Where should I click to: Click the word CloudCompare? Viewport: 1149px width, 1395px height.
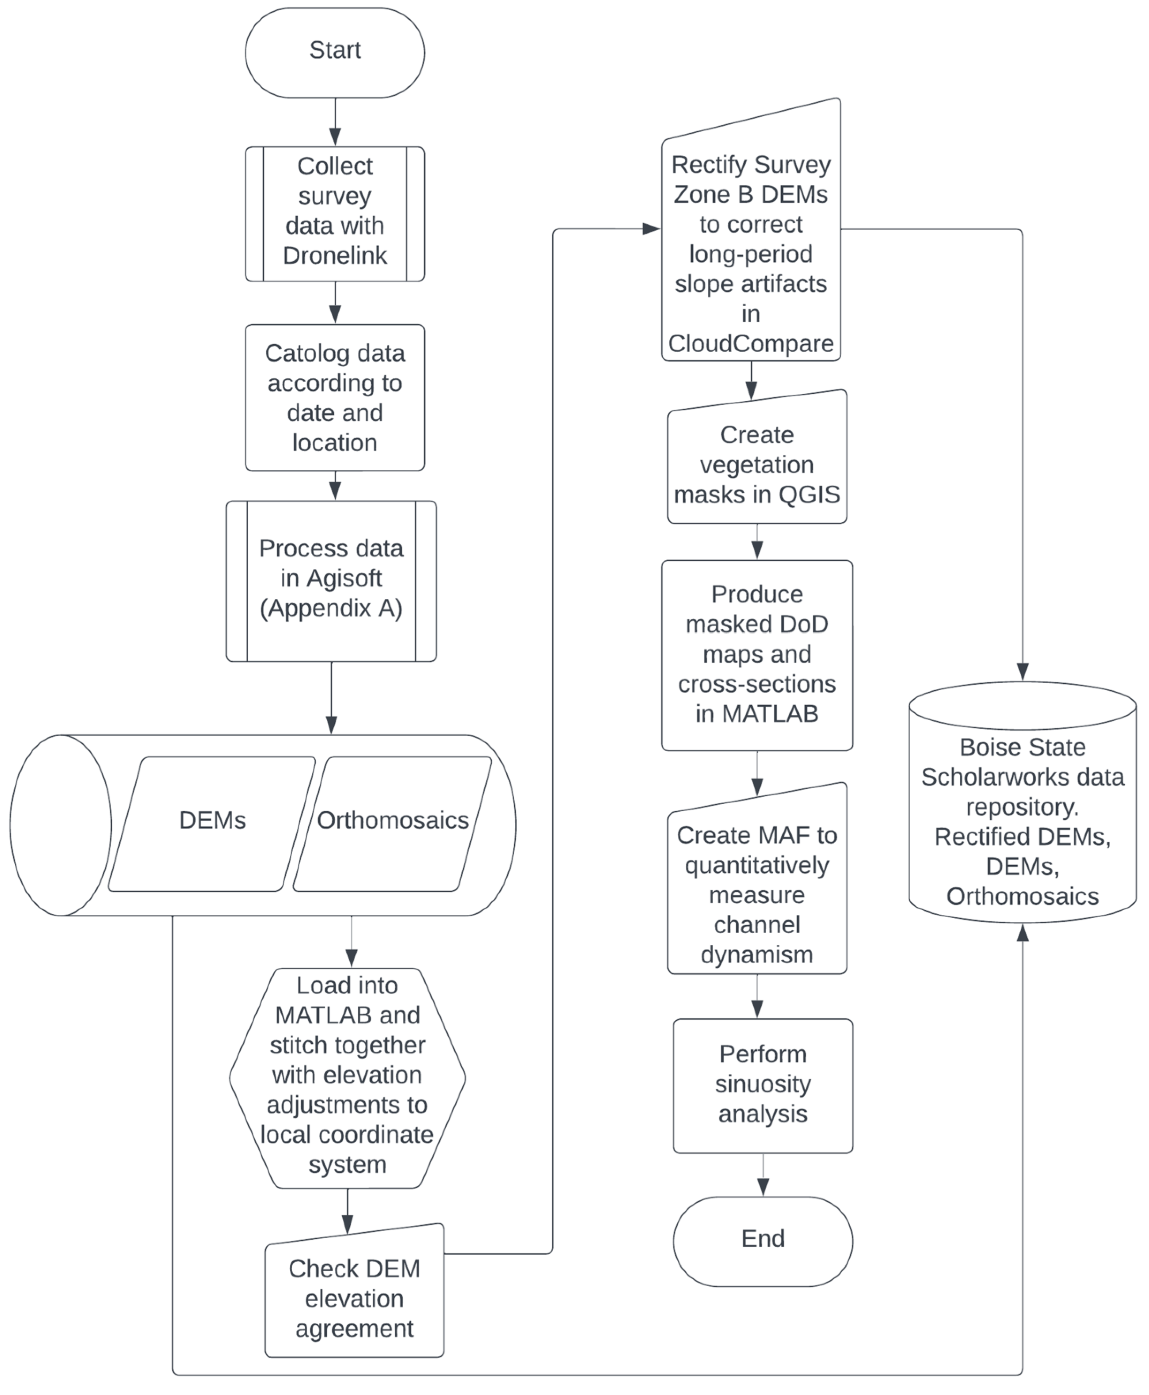751,344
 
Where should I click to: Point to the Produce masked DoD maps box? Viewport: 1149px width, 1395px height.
757,654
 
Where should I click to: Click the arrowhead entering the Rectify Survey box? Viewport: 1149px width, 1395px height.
652,229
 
